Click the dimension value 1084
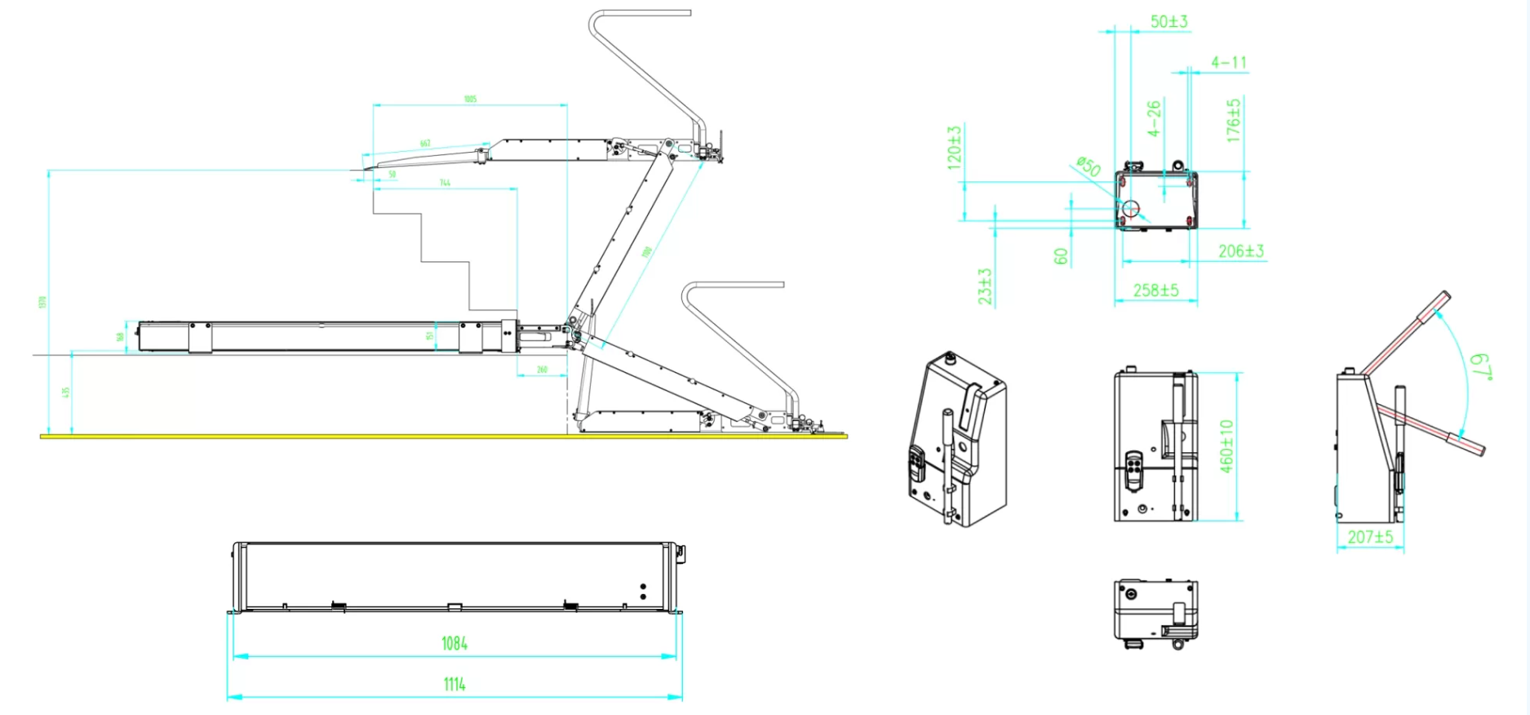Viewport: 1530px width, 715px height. (455, 643)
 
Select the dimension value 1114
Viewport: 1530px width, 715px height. (455, 684)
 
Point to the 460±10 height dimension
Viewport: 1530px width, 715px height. (1226, 446)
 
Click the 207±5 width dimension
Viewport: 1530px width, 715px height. (1370, 536)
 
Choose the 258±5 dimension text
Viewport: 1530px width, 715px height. (1155, 290)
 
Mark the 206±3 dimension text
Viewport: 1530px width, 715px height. (1240, 251)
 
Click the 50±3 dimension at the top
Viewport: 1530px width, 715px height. (1169, 21)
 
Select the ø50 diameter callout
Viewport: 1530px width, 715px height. (1088, 167)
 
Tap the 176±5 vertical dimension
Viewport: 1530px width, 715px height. (1234, 121)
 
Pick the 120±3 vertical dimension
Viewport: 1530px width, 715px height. (954, 147)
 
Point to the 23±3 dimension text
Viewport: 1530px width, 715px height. (985, 286)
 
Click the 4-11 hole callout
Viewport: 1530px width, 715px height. (1228, 62)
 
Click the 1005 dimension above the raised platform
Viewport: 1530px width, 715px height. (470, 99)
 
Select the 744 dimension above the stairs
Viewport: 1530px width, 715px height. (445, 183)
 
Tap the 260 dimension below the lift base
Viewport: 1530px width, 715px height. (542, 370)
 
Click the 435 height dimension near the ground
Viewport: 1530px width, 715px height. (65, 393)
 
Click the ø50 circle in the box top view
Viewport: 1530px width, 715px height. (1130, 208)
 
